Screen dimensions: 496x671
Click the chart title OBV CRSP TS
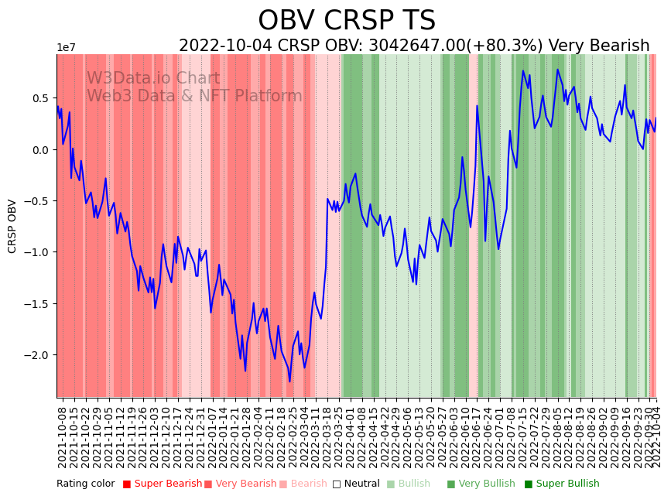347,21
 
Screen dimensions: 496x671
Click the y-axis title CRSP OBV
12,226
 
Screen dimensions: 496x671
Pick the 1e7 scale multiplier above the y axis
66,48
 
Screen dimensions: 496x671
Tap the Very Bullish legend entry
486,484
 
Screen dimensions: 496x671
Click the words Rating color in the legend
85,484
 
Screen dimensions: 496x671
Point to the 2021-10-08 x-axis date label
62,437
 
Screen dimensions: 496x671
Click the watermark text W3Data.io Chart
152,78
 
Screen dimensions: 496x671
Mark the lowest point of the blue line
290,381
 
